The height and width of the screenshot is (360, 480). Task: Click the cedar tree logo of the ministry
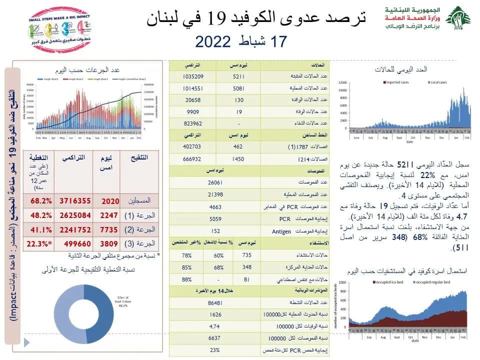click(458, 18)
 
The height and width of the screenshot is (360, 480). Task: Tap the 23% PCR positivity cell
click(215, 349)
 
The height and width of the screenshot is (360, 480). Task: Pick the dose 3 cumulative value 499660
click(75, 244)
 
